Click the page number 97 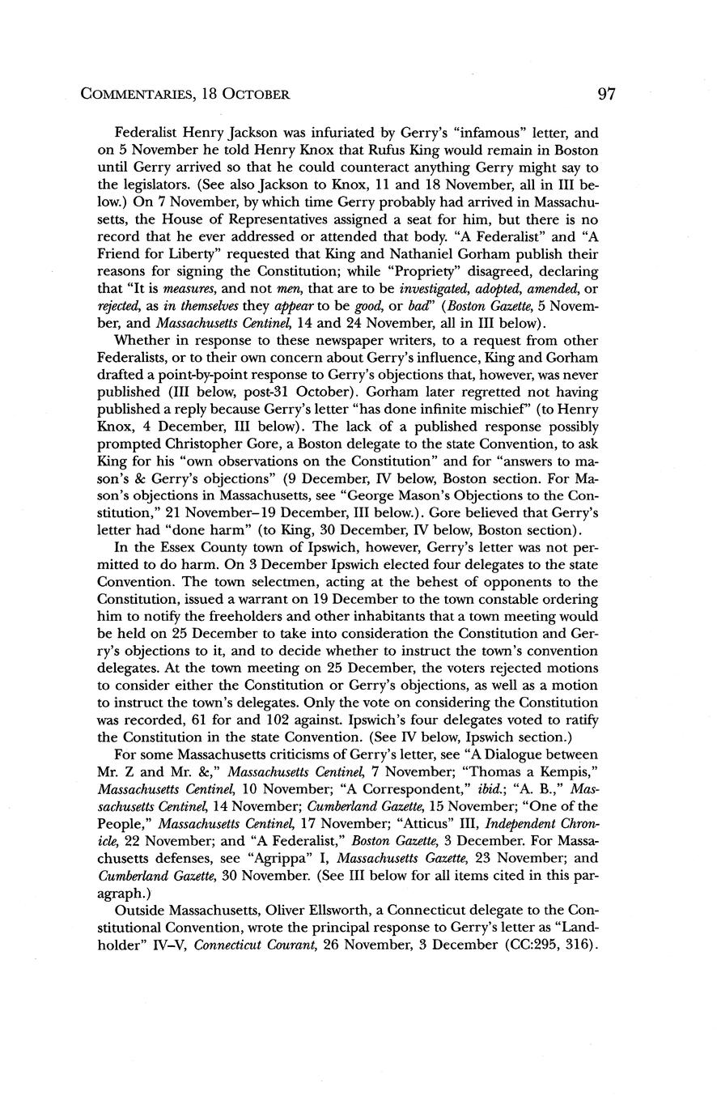coord(606,94)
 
